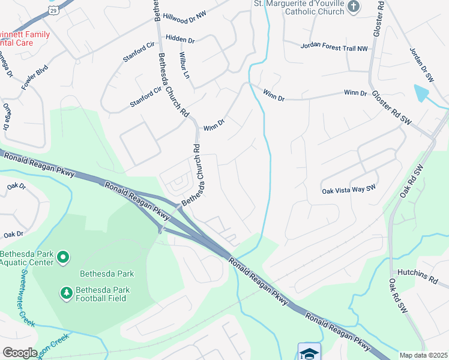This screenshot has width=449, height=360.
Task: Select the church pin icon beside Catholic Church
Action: click(354, 7)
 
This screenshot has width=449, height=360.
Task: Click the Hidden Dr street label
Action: click(181, 40)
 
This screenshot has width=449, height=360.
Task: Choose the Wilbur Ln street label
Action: click(184, 65)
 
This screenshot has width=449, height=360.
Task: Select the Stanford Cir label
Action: click(146, 97)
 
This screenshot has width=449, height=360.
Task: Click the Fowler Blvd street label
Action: click(34, 78)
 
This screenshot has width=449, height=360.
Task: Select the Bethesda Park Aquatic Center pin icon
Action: click(63, 258)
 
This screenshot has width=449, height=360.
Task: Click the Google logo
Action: click(20, 352)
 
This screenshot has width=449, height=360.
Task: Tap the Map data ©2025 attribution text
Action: click(423, 355)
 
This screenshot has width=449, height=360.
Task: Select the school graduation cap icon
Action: click(309, 352)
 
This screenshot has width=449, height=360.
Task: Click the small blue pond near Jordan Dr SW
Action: click(422, 93)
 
